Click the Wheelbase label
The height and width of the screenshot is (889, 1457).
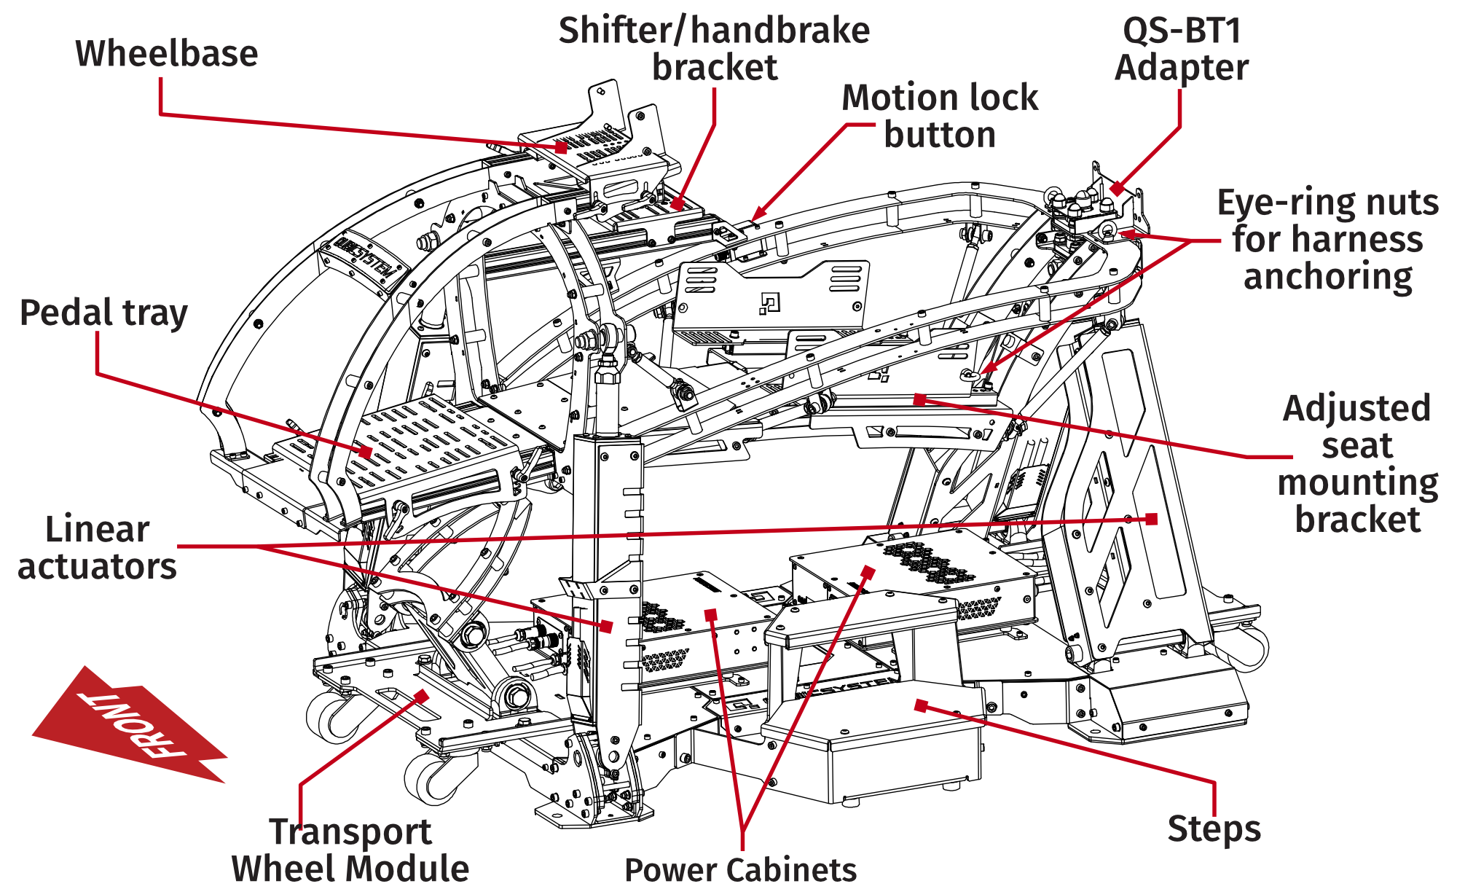167,54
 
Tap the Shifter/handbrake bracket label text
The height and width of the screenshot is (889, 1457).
714,49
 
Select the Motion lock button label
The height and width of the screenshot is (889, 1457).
939,116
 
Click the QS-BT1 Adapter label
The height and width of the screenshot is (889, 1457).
1181,49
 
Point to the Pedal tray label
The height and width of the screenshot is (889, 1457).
103,313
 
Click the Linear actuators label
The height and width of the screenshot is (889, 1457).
97,548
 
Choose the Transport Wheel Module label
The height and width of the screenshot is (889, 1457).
350,850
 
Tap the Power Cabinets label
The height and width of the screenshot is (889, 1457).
740,869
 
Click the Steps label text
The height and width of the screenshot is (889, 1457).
1214,829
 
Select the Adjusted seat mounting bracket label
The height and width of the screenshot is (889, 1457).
1357,463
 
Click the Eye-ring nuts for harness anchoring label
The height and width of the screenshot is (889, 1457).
1327,239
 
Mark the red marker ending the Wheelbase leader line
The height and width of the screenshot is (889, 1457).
562,146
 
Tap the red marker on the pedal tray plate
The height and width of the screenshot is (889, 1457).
366,452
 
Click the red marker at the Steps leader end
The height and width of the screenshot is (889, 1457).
921,705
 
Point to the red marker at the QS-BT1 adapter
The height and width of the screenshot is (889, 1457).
1116,189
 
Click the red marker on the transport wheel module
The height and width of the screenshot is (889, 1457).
421,696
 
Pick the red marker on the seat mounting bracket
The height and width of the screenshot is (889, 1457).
919,399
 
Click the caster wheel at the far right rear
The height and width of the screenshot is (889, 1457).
1249,649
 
